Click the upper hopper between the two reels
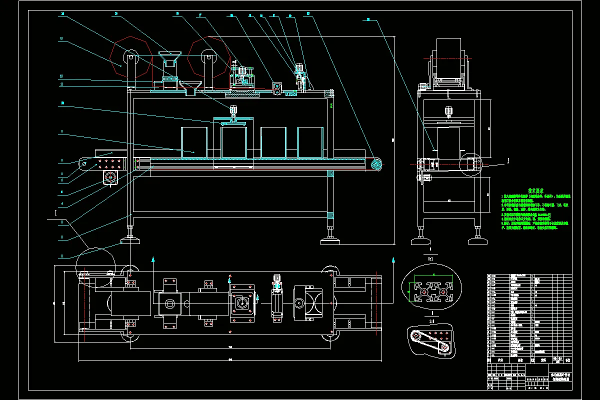170,59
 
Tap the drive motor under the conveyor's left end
110,177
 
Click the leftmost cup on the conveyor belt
194,142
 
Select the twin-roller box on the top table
276,87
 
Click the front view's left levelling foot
130,239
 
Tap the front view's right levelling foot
330,239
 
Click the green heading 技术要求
536,190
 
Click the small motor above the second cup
233,110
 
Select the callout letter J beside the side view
508,160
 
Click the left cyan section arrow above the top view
153,260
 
